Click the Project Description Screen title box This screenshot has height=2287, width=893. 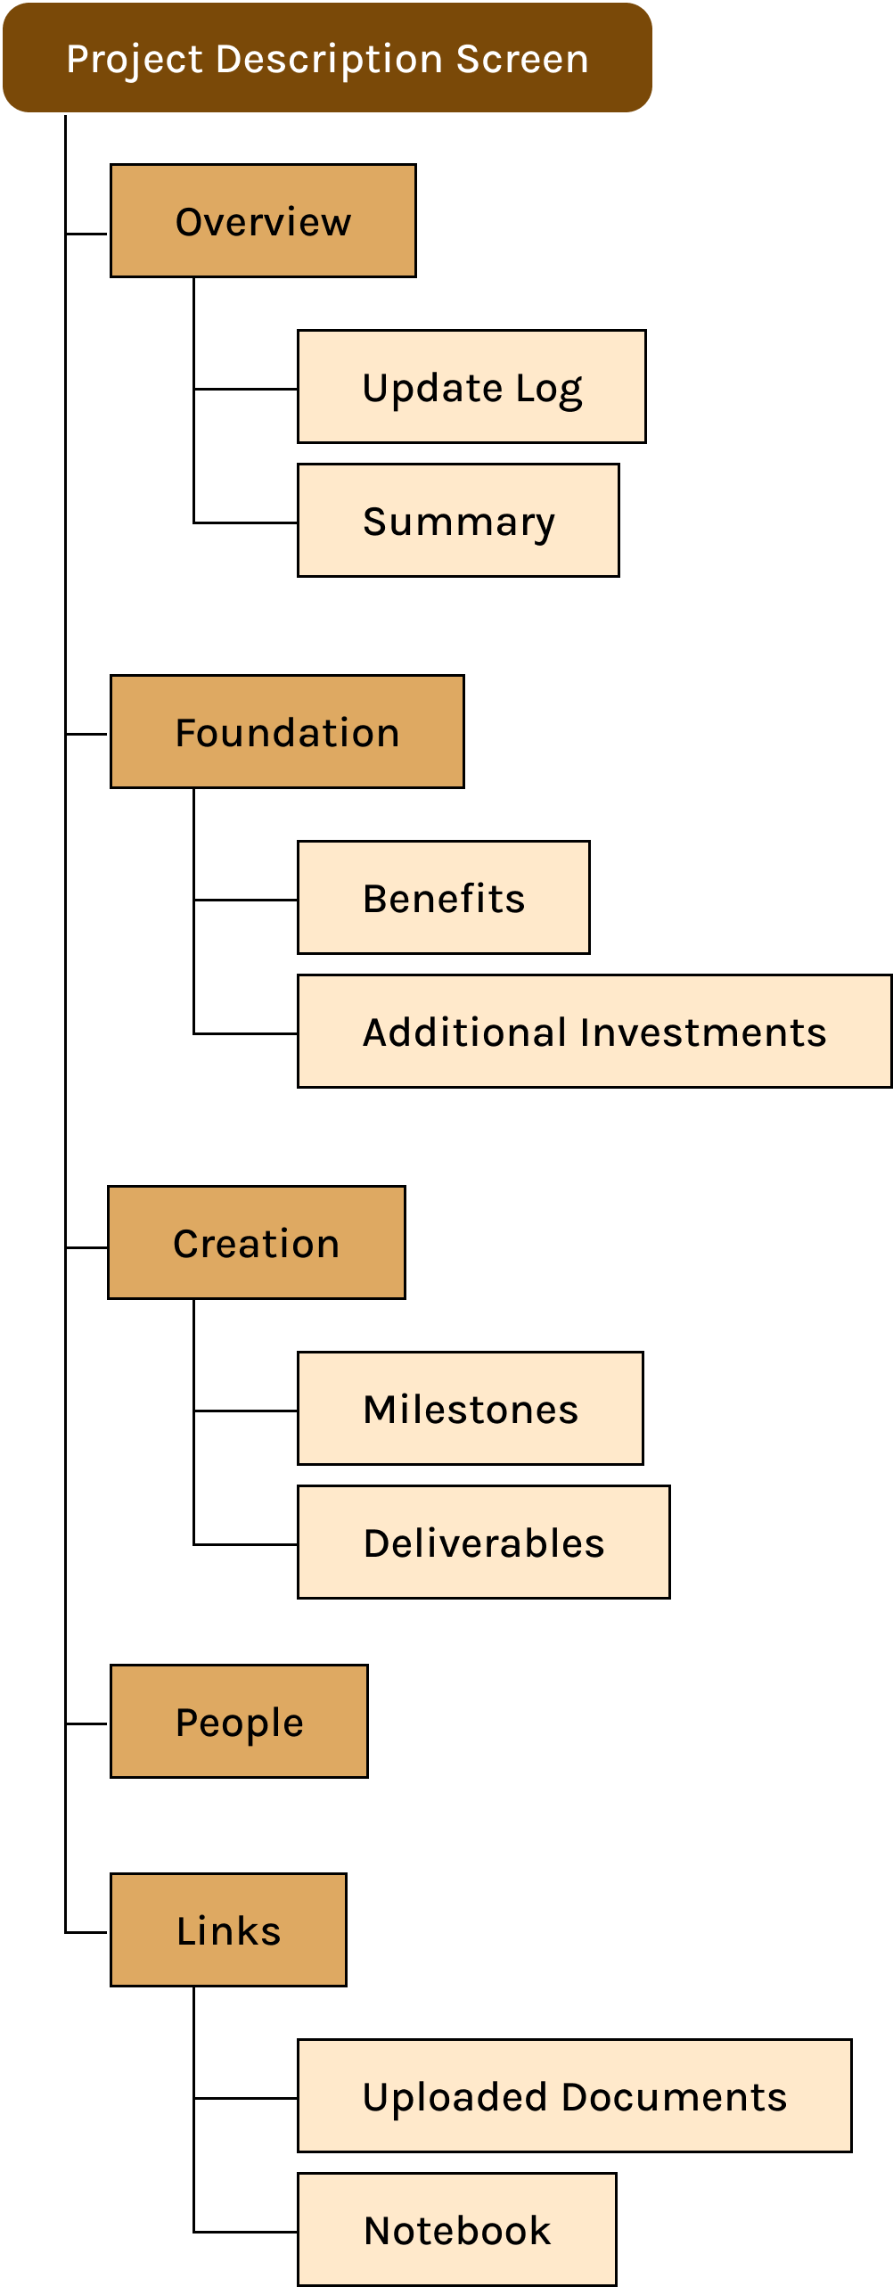(x=327, y=58)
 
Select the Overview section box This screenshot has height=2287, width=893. (x=263, y=221)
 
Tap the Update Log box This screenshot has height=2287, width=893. (x=471, y=387)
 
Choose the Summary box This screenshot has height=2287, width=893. (x=458, y=521)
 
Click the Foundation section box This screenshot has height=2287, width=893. (x=287, y=732)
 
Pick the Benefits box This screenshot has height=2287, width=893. (x=444, y=898)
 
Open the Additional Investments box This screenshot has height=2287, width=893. (x=594, y=1032)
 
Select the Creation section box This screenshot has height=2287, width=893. (x=257, y=1243)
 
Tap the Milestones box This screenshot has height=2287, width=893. (x=471, y=1409)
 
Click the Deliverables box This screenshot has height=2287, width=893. (x=484, y=1542)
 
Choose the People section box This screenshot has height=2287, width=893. (x=239, y=1722)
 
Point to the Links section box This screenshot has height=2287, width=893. (x=228, y=1930)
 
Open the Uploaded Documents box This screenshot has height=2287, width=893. (x=575, y=2096)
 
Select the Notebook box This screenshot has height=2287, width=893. (x=457, y=2230)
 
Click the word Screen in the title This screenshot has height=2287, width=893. (x=522, y=60)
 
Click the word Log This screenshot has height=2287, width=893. (x=549, y=390)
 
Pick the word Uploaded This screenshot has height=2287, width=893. (x=455, y=2098)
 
